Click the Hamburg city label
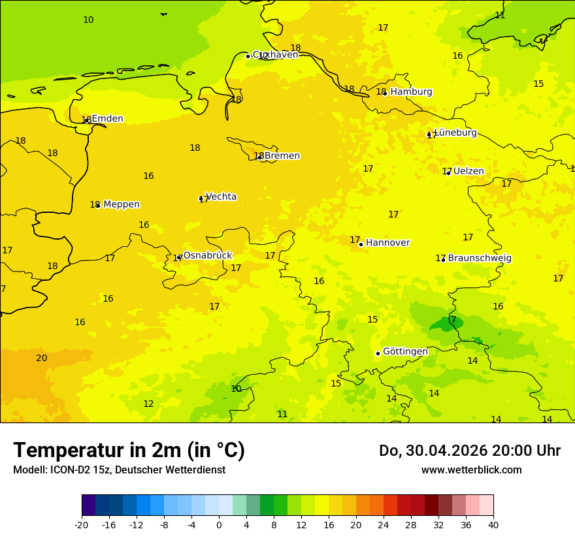[x=411, y=92]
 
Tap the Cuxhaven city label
[x=275, y=55]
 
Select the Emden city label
[x=107, y=119]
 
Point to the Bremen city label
[x=282, y=156]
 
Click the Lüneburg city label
[x=455, y=133]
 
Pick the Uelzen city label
[x=468, y=171]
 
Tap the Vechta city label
[x=221, y=197]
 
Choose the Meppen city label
[x=122, y=204]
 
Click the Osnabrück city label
[x=207, y=255]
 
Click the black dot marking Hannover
[x=361, y=244]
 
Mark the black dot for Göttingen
[x=378, y=353]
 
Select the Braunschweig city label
[x=480, y=259]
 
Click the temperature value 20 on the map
[x=42, y=358]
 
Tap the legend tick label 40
[x=493, y=524]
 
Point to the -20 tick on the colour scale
[x=82, y=524]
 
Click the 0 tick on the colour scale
[x=219, y=524]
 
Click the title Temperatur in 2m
[x=129, y=451]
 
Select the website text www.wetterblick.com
[x=471, y=470]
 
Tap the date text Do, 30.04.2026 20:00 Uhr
[x=469, y=451]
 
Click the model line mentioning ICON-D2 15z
[x=119, y=470]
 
